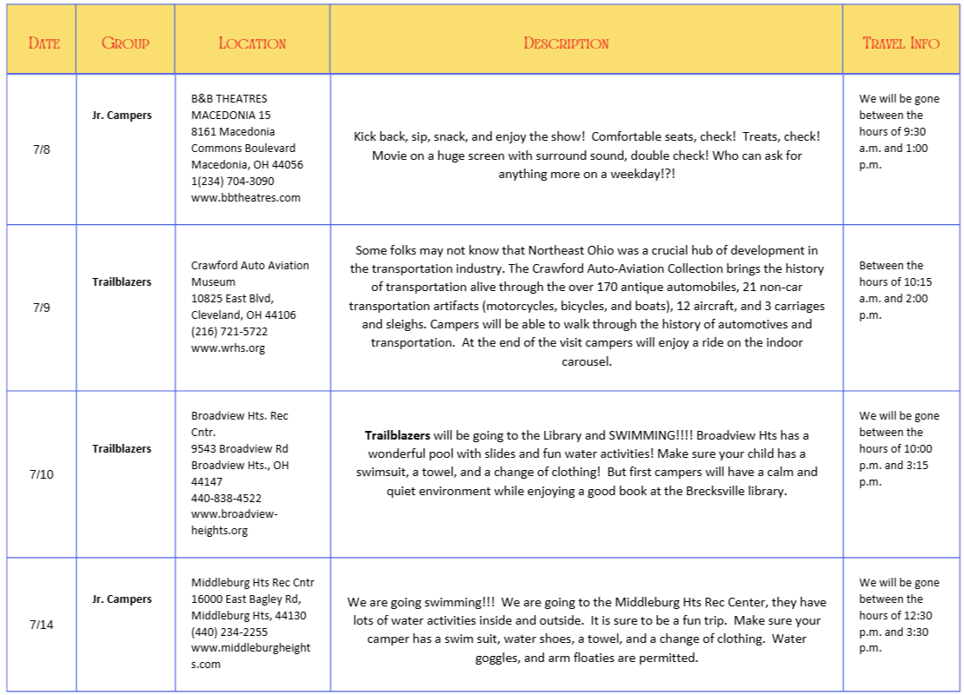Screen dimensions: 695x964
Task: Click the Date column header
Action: pyautogui.click(x=43, y=43)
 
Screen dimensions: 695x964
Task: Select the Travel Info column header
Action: pyautogui.click(x=901, y=43)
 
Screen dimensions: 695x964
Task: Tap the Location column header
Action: pyautogui.click(x=252, y=43)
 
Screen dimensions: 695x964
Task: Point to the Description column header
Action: pyautogui.click(x=566, y=43)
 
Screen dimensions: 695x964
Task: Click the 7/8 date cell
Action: pyautogui.click(x=42, y=149)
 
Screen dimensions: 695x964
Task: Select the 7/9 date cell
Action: pyautogui.click(x=42, y=308)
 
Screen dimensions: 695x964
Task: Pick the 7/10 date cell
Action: pyautogui.click(x=42, y=474)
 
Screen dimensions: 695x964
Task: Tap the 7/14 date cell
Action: pyautogui.click(x=42, y=625)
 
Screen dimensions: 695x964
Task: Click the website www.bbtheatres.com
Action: pyautogui.click(x=246, y=197)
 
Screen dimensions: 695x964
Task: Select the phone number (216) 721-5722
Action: pyautogui.click(x=229, y=331)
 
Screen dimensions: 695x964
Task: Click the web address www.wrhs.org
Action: pyautogui.click(x=228, y=347)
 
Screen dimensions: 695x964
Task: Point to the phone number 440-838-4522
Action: pyautogui.click(x=226, y=498)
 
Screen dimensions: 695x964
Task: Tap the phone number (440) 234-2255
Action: pyautogui.click(x=229, y=632)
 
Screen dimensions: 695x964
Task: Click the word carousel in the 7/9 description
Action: pyautogui.click(x=587, y=361)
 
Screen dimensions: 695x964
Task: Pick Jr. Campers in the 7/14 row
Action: pyautogui.click(x=122, y=599)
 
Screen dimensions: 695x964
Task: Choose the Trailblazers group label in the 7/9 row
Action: pyautogui.click(x=122, y=281)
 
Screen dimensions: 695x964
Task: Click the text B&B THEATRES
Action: pyautogui.click(x=229, y=98)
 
